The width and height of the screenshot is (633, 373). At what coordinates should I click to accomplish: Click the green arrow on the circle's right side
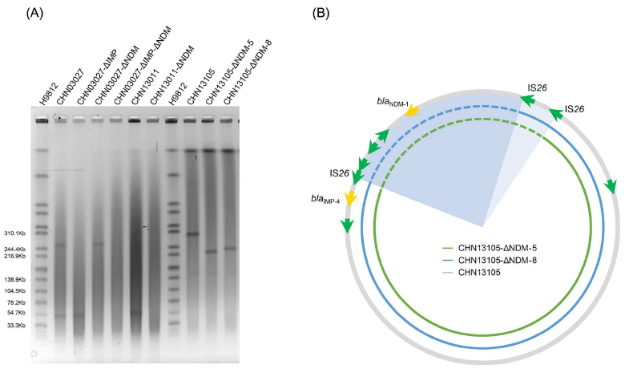[x=611, y=186]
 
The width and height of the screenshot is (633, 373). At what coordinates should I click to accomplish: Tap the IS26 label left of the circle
[x=340, y=172]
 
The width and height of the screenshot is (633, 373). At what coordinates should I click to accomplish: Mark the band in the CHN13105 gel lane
[x=192, y=234]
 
